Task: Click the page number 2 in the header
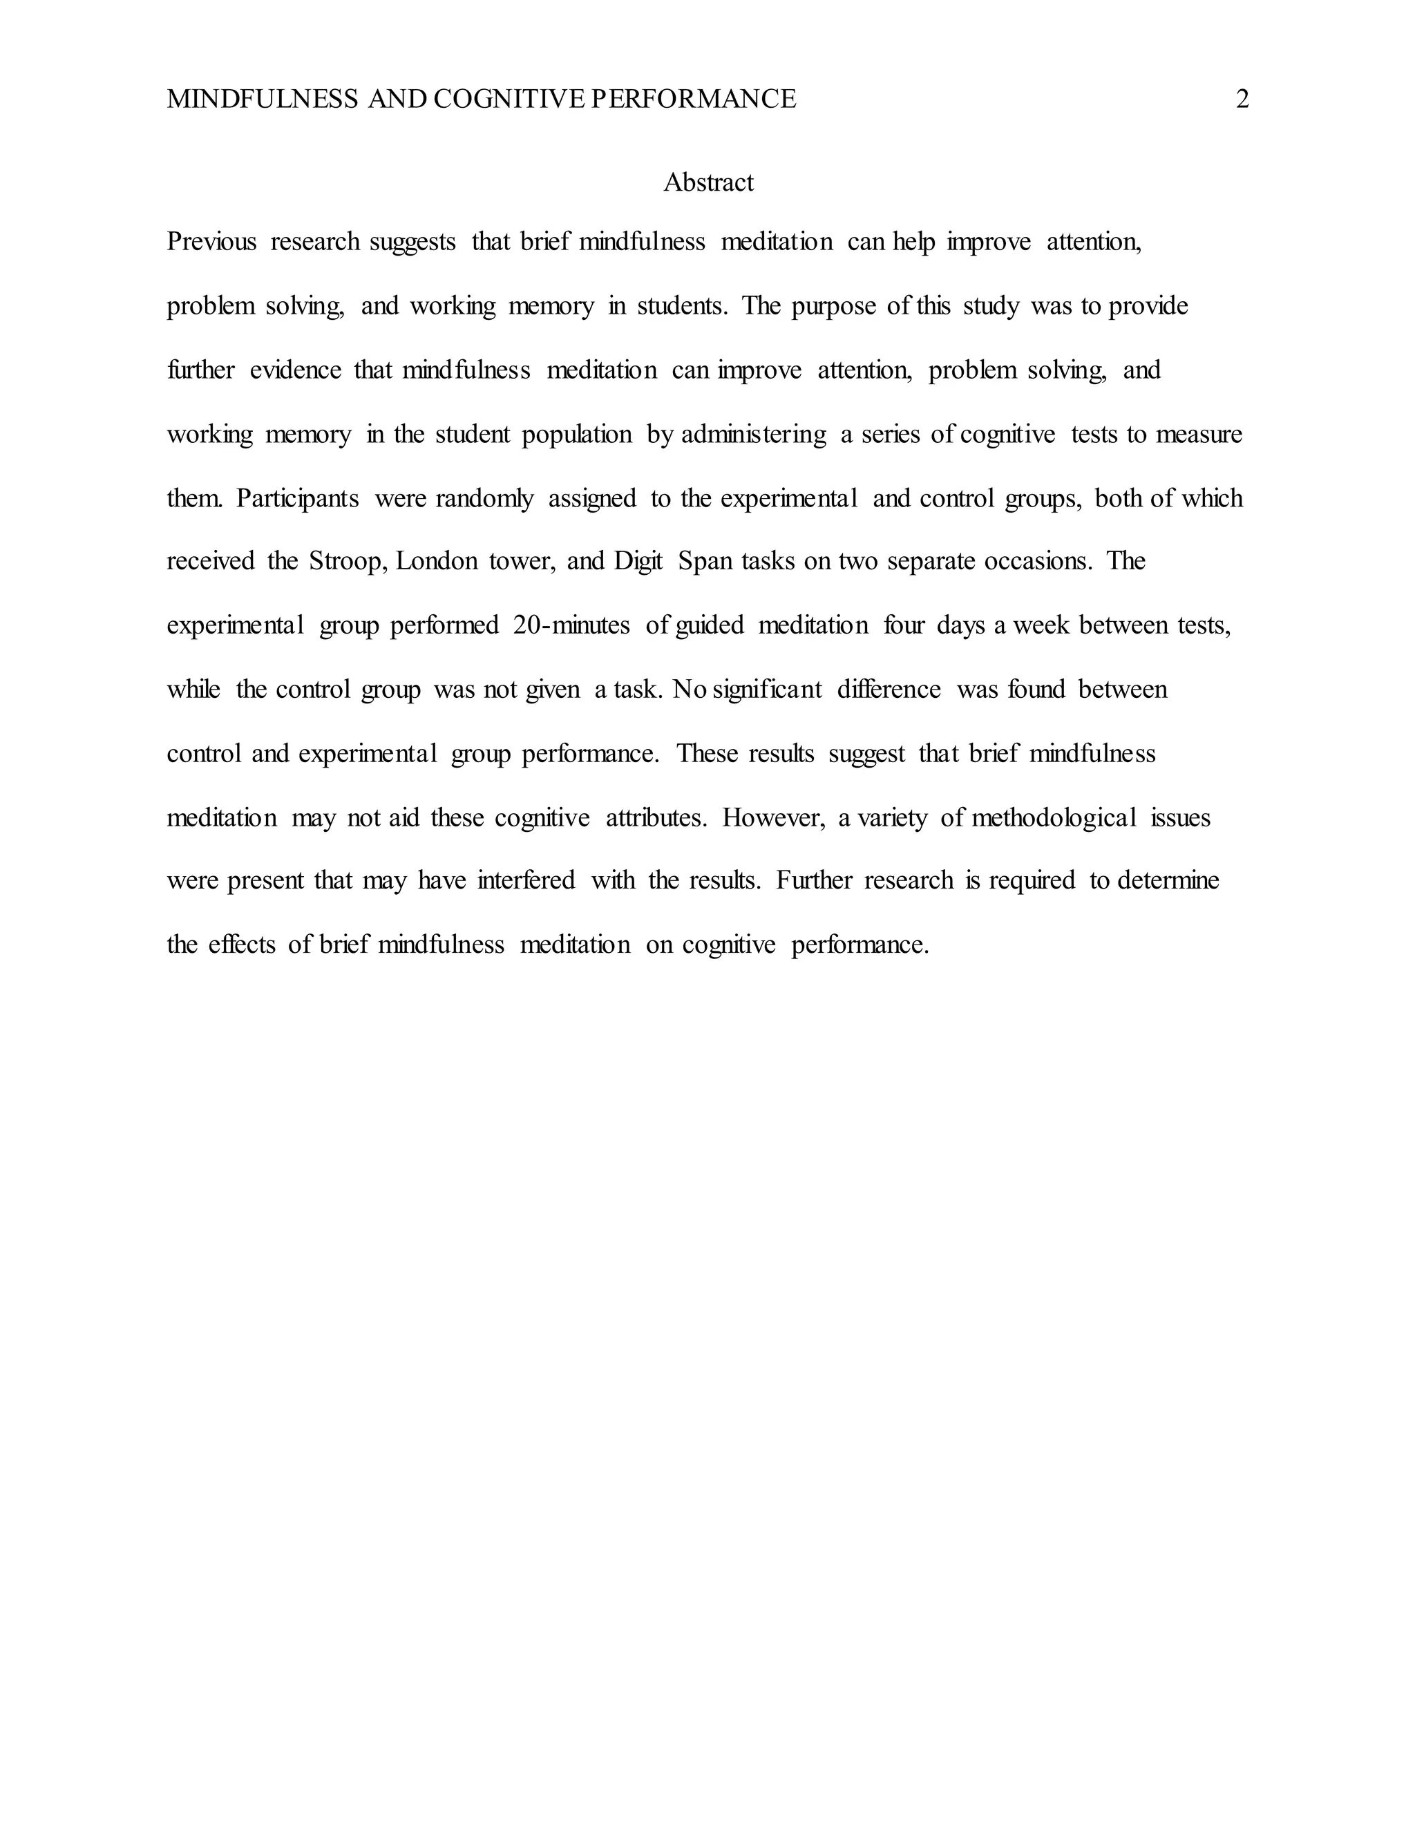[x=1242, y=99]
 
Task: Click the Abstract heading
[x=708, y=183]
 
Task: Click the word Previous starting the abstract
[x=211, y=243]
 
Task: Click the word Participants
[x=298, y=499]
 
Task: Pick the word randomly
[x=484, y=499]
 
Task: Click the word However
[x=773, y=817]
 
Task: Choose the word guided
[x=709, y=625]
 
